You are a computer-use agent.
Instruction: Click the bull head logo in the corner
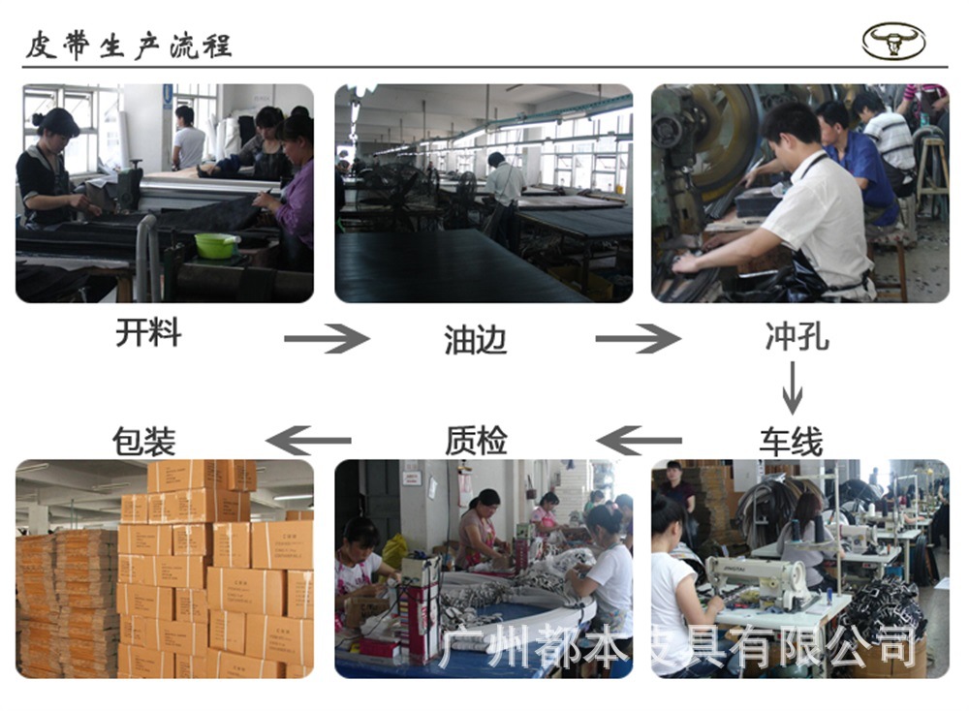pyautogui.click(x=893, y=42)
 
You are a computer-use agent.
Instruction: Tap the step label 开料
pyautogui.click(x=148, y=333)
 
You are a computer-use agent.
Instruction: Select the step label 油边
pyautogui.click(x=476, y=339)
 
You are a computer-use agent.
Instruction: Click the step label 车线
pyautogui.click(x=791, y=442)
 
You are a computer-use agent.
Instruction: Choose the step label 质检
pyautogui.click(x=476, y=441)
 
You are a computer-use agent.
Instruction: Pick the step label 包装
pyautogui.click(x=144, y=441)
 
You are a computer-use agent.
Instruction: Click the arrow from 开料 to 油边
pyautogui.click(x=327, y=338)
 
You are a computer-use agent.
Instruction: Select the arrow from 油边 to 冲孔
pyautogui.click(x=638, y=338)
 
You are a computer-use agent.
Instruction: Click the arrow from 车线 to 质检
pyautogui.click(x=640, y=441)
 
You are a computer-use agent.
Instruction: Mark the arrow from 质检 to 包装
pyautogui.click(x=308, y=441)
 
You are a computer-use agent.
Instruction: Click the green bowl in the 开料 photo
pyautogui.click(x=216, y=246)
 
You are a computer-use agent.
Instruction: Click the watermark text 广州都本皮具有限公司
pyautogui.click(x=677, y=646)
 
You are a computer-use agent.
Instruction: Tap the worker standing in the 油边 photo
pyautogui.click(x=505, y=189)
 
